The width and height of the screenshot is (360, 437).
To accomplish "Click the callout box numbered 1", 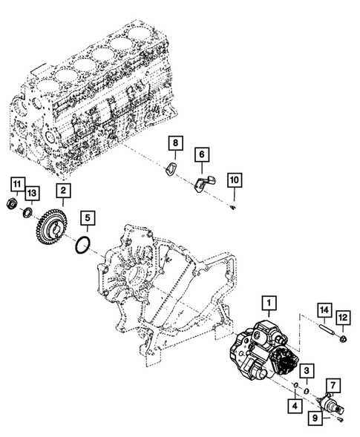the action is coord(269,303).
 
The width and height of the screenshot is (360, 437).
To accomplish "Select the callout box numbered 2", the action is coord(63,191).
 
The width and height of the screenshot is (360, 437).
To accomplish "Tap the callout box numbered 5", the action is coord(88,218).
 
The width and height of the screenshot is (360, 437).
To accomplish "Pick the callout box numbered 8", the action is coord(175,143).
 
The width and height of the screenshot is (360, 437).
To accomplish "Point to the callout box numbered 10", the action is coord(235,180).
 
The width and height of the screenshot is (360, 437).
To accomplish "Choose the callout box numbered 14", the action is coord(324,310).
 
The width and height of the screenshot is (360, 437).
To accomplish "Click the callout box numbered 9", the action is coord(315,418).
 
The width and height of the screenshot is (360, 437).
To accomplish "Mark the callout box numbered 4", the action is coord(295,406).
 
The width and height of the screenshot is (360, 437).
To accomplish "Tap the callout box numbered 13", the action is coord(32,193).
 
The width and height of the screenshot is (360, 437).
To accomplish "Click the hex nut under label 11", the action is coord(12,203).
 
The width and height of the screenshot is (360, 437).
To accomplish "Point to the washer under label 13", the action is coord(27,213).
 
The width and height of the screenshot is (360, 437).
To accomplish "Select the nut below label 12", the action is coord(343,339).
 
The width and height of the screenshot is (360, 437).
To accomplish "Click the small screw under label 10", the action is coord(233,207).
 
